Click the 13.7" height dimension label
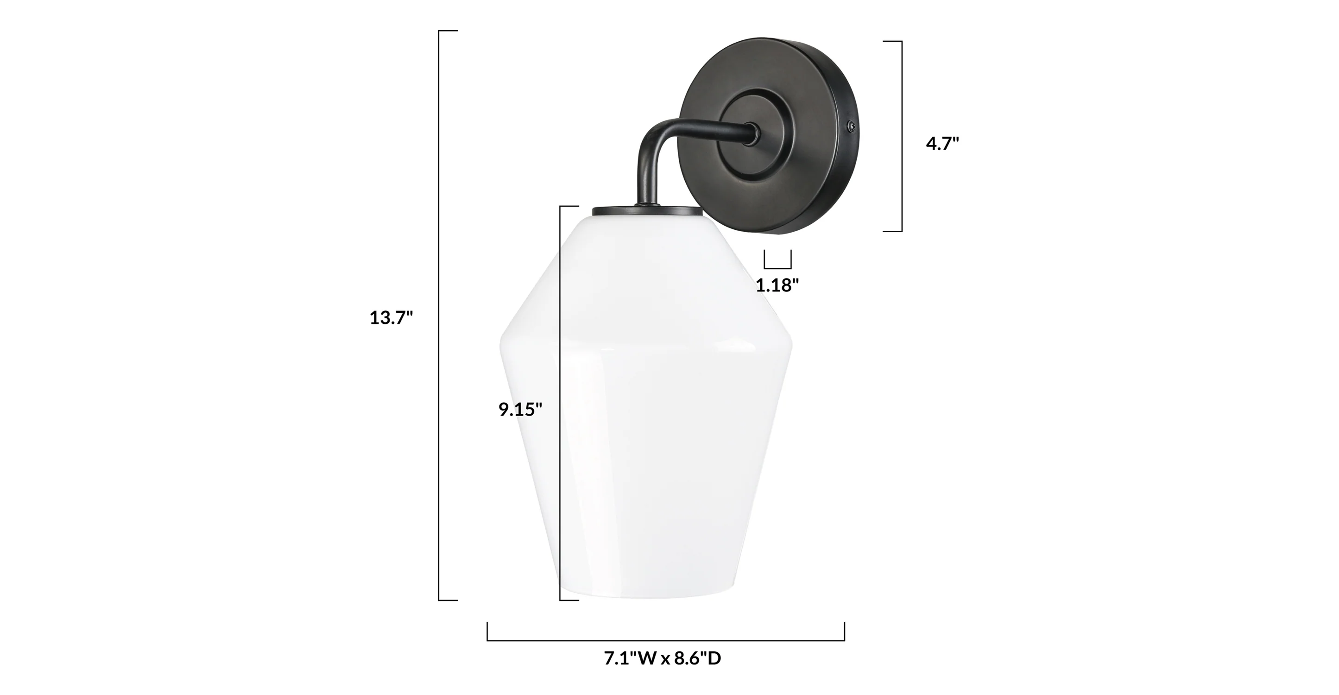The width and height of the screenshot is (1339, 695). click(x=391, y=317)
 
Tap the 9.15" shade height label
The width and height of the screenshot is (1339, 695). click(x=520, y=410)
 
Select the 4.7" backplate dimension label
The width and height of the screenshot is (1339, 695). click(x=942, y=144)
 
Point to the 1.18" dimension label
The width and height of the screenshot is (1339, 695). click(x=777, y=285)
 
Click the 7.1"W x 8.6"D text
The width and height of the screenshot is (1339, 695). click(x=662, y=658)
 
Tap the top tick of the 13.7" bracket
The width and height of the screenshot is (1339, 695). click(x=448, y=31)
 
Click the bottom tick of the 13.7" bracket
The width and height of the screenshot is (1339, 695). click(x=448, y=600)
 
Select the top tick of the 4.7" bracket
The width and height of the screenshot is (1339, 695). click(x=893, y=41)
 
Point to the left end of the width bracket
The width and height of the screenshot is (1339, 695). click(x=487, y=632)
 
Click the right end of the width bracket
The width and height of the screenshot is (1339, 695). click(x=844, y=632)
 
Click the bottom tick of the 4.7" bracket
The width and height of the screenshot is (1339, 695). click(x=893, y=231)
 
